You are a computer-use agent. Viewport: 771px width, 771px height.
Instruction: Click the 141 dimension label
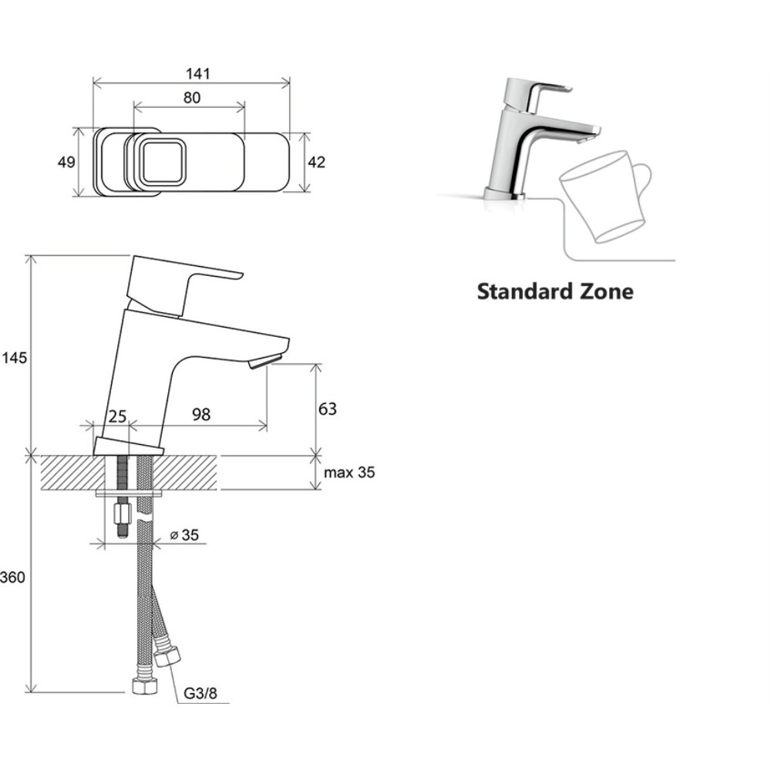coord(197,74)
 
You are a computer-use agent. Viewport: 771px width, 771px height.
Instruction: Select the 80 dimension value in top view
coord(192,98)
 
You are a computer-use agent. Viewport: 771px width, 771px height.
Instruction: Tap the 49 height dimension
coord(66,162)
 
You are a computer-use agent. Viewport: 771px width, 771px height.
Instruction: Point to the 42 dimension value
coord(317,162)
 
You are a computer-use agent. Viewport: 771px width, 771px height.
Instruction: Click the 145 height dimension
coord(14,358)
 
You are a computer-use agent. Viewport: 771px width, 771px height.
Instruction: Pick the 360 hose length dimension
coord(12,577)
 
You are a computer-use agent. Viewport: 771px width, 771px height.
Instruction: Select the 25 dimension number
coord(117,416)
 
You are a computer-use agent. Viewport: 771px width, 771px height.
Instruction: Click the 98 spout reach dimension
coord(201,415)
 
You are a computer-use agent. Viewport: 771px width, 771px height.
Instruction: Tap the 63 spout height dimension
coord(328,409)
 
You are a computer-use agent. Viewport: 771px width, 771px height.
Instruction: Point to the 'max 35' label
coord(349,473)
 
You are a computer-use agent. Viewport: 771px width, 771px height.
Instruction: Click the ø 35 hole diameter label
coord(184,535)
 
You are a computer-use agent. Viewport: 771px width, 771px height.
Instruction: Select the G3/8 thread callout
coord(200,693)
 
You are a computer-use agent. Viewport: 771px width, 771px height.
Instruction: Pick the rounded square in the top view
coord(163,161)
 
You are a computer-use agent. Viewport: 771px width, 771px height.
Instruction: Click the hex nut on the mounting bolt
coord(121,513)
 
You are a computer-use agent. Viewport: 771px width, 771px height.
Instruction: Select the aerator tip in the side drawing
coord(265,360)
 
